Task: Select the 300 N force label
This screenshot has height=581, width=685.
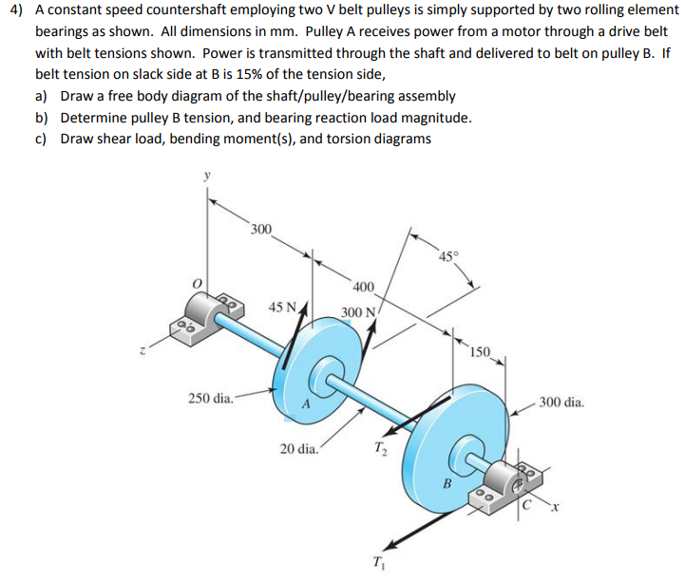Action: pos(360,312)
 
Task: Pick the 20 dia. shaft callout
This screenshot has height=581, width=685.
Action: pos(300,448)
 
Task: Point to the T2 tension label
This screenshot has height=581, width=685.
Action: pos(380,448)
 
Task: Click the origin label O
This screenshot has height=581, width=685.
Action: pos(198,283)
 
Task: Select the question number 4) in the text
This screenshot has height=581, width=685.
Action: pos(16,9)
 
